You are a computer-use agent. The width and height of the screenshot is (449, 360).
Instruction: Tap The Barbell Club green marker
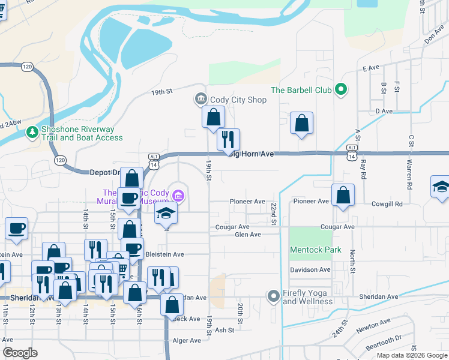(x=341, y=90)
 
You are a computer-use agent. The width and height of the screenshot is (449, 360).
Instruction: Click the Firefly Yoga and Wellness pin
(x=274, y=295)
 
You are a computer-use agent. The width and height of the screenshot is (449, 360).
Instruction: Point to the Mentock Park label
(x=315, y=250)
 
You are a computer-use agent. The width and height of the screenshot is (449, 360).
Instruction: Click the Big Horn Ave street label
(x=251, y=154)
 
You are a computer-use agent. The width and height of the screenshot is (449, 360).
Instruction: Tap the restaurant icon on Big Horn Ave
(x=228, y=140)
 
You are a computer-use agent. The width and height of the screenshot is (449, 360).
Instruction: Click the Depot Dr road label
(x=104, y=172)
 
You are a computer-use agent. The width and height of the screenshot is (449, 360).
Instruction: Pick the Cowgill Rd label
(x=387, y=204)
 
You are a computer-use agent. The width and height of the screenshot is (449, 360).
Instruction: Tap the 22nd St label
(x=273, y=214)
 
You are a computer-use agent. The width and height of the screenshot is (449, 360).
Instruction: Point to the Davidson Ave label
(x=310, y=270)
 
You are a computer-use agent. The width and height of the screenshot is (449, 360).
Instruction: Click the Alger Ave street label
(x=186, y=340)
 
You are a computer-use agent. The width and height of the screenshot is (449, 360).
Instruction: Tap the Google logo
(x=20, y=353)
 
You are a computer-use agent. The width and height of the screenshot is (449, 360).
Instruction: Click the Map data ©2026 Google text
(x=412, y=355)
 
